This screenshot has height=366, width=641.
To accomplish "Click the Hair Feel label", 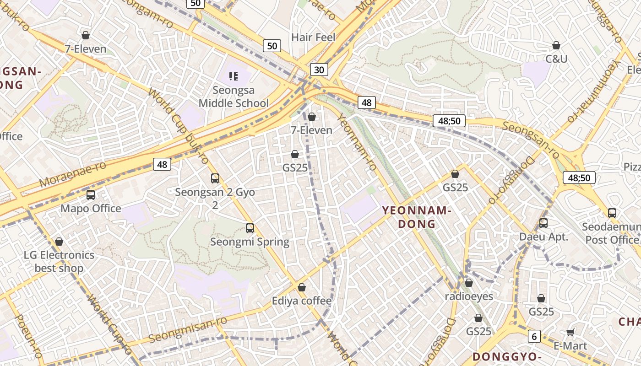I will click(x=314, y=38).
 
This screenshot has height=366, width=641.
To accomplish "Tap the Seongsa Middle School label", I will click(x=234, y=97).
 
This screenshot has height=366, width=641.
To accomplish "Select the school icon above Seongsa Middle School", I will click(x=234, y=76).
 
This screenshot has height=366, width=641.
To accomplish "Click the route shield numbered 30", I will click(x=319, y=70).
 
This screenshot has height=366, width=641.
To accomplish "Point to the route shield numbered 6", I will click(x=534, y=336).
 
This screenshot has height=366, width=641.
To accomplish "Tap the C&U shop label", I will click(x=556, y=59).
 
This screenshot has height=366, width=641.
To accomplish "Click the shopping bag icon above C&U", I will click(x=556, y=45).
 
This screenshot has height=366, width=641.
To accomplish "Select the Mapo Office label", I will click(x=91, y=209).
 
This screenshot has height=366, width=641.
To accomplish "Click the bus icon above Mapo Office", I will click(x=91, y=195).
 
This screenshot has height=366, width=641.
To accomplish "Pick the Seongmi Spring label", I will click(x=250, y=242).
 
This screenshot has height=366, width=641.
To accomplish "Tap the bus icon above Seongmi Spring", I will click(x=250, y=228).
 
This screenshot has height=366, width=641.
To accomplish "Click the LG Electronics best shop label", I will click(x=59, y=261).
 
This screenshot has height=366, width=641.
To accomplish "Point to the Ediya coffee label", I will click(x=301, y=301).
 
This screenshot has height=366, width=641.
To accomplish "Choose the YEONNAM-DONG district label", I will click(x=417, y=217).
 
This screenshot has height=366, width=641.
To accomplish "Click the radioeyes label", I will click(x=469, y=296).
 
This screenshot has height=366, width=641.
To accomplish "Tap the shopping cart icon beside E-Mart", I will click(x=570, y=332).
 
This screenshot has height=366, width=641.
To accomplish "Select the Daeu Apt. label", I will click(x=543, y=237).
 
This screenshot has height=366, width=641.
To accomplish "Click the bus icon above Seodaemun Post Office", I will click(x=612, y=213).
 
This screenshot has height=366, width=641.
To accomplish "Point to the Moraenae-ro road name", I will click(x=73, y=174).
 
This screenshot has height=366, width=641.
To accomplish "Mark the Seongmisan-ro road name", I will click(x=188, y=329).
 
